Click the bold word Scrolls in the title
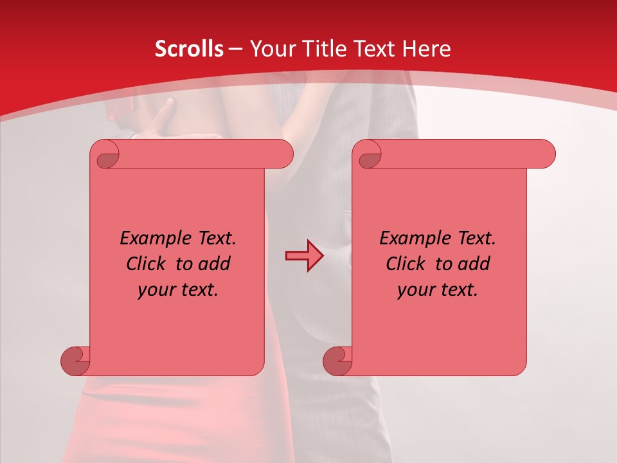pyautogui.click(x=189, y=49)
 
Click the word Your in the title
pyautogui.click(x=271, y=49)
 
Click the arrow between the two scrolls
pyautogui.click(x=304, y=255)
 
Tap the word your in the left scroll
pyautogui.click(x=155, y=290)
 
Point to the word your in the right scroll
pyautogui.click(x=415, y=290)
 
